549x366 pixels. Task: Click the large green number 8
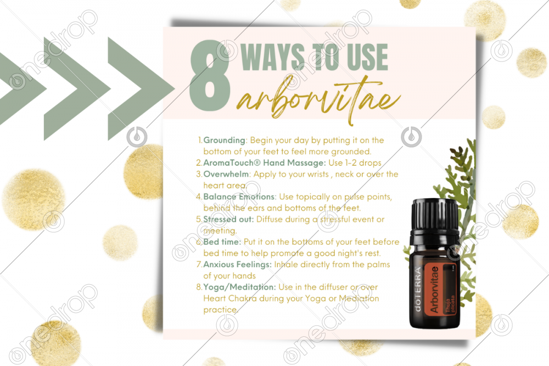[210, 76]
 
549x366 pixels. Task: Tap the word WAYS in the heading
[273, 57]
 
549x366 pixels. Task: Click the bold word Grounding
[224, 140]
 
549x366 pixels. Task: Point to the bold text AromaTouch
[232, 163]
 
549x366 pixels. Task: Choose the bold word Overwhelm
[226, 174]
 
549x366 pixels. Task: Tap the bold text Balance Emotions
[239, 196]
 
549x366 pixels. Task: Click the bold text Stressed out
[228, 219]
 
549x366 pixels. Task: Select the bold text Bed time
[222, 242]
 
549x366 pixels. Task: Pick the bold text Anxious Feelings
[237, 265]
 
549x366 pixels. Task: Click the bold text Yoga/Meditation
[239, 288]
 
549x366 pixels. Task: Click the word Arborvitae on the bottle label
[434, 289]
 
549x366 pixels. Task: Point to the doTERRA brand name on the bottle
[418, 289]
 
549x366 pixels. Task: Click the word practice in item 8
[220, 310]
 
